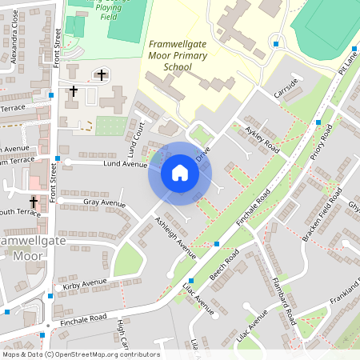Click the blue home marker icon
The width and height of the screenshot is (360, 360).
[180, 174]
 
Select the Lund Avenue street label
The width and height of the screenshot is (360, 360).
[126, 163]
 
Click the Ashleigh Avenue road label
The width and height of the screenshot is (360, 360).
[175, 237]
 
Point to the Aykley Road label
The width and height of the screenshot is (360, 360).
[262, 138]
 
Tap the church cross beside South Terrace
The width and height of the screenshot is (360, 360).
[34, 203]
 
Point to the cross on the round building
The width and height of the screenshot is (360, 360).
[101, 74]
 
